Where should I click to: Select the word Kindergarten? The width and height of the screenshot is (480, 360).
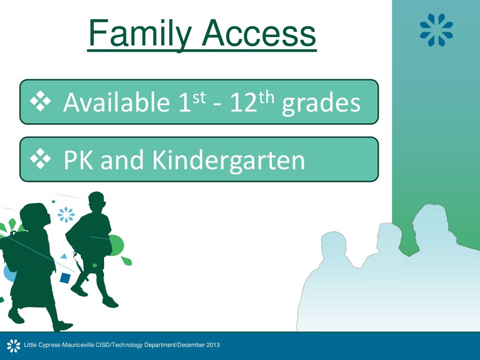pyautogui.click(x=228, y=160)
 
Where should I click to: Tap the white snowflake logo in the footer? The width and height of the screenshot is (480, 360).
pyautogui.click(x=13, y=346)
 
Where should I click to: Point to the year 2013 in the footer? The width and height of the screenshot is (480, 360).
pyautogui.click(x=212, y=345)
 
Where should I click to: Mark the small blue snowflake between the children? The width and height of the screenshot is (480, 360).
pyautogui.click(x=66, y=215)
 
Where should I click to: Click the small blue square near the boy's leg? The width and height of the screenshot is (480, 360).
pyautogui.click(x=65, y=278)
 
